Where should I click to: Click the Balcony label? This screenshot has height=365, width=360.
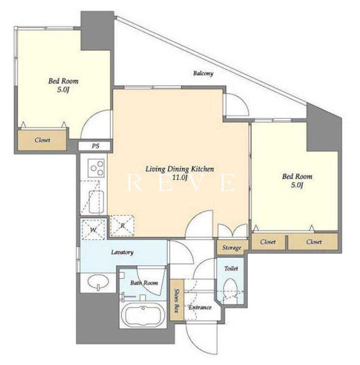[203, 74]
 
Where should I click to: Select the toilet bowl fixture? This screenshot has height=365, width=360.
[230, 291]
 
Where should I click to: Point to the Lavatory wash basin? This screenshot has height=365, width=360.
[98, 282]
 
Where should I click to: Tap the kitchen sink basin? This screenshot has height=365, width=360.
[96, 202]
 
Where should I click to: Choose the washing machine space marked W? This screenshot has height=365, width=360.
[93, 229]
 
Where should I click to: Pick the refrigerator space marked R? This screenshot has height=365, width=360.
[122, 226]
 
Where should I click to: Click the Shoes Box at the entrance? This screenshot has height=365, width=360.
[177, 300]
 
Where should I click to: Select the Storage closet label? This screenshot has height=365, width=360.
[232, 248]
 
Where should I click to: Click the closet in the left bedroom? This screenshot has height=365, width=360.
[42, 140]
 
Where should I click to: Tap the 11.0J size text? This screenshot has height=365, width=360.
[180, 178]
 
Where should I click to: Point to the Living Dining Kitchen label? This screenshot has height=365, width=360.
[180, 169]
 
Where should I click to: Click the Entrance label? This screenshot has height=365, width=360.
[200, 307]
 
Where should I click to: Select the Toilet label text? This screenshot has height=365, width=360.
[231, 268]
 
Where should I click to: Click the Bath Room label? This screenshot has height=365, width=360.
[144, 283]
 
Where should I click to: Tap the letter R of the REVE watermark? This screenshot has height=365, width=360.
[134, 183]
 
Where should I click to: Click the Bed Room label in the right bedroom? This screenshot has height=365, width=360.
[297, 176]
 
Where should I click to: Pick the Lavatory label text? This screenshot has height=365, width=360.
[122, 252]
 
